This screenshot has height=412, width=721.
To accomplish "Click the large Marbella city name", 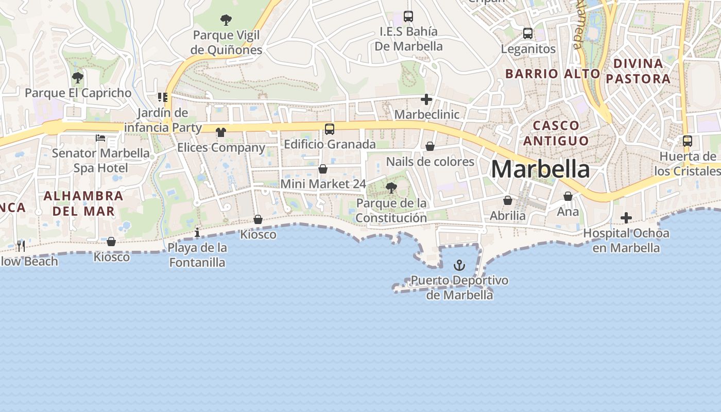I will [x=540, y=169].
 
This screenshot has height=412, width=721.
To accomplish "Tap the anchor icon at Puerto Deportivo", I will [x=459, y=265].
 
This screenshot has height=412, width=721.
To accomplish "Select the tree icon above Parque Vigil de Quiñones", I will [x=226, y=20].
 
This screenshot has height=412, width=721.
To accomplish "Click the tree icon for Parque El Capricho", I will [x=78, y=78].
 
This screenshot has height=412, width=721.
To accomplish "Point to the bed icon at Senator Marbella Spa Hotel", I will [x=100, y=138].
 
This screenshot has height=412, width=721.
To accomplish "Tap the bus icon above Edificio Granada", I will [x=330, y=129].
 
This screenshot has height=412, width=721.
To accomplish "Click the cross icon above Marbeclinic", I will [x=426, y=99].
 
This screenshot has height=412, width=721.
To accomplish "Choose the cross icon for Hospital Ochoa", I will [x=626, y=218].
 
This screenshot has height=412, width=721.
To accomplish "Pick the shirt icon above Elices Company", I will [x=221, y=132].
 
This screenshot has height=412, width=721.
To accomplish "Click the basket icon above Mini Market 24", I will [x=323, y=168].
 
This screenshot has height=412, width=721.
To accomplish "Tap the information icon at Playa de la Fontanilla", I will [x=197, y=233].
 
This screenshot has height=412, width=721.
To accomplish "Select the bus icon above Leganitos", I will [x=528, y=33].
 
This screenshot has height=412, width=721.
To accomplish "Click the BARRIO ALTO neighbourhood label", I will [x=553, y=74].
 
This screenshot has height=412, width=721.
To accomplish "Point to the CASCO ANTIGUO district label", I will [x=556, y=133].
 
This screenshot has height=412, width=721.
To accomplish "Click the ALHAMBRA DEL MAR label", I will [x=83, y=203].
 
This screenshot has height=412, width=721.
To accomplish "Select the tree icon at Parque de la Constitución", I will [x=391, y=187].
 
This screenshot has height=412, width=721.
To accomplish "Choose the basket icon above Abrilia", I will [x=508, y=200].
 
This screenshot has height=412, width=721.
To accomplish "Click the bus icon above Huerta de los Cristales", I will [x=687, y=141].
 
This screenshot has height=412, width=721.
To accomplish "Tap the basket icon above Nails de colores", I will [x=430, y=147].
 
